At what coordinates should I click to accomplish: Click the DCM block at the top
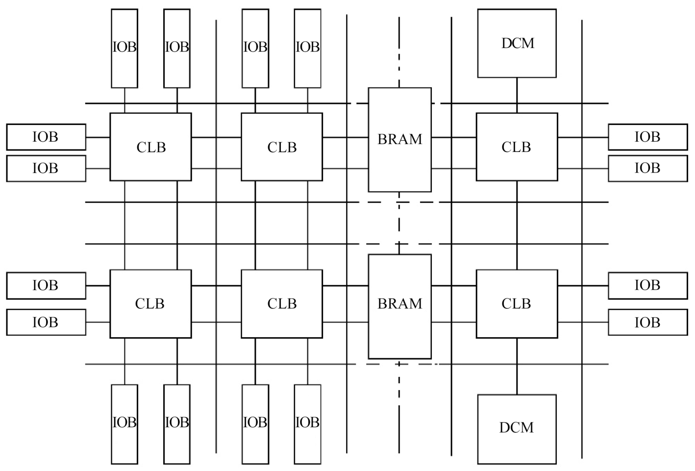click(517, 43)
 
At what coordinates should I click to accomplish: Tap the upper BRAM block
click(399, 140)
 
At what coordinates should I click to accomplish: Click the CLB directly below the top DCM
click(517, 147)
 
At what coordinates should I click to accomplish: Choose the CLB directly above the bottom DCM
click(517, 303)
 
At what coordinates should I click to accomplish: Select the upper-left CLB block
click(150, 147)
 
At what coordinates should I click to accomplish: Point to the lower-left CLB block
click(150, 303)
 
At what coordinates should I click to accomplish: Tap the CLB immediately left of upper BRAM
click(282, 147)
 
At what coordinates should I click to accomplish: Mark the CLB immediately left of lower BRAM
click(282, 303)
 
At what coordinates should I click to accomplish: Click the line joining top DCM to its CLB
click(517, 95)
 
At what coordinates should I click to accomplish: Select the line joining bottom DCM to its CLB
click(517, 366)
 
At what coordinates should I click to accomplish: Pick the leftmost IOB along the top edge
click(124, 48)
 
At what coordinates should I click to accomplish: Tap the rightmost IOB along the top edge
click(307, 48)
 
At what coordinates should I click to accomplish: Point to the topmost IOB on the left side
click(46, 137)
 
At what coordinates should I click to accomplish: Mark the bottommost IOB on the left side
click(46, 322)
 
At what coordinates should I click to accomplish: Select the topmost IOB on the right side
click(647, 137)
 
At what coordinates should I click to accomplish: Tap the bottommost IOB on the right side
click(647, 322)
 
